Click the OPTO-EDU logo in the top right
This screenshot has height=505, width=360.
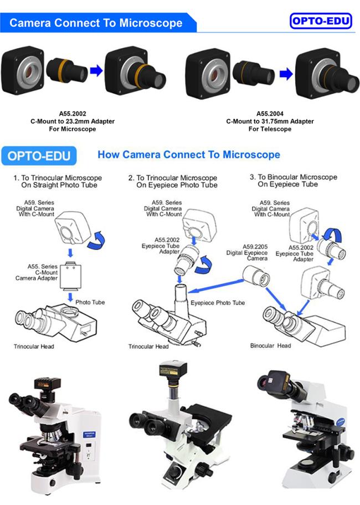point(321,21)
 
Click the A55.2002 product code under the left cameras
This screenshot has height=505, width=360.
point(73,114)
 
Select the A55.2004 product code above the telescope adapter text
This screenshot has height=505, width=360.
point(270,114)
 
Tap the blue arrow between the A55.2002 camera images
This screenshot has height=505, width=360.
point(96,70)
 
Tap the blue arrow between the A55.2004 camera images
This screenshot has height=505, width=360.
point(286,74)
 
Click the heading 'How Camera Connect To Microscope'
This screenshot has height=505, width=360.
point(189,155)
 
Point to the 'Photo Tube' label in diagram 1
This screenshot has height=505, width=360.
point(90,302)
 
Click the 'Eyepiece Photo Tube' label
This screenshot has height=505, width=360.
point(218,303)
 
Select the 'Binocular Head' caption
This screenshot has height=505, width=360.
point(271,345)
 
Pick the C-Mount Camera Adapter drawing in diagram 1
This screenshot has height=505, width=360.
point(70,275)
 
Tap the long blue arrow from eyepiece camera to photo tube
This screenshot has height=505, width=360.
point(215,287)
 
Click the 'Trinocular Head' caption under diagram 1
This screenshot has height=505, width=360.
point(34,346)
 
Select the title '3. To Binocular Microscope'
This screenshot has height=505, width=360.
point(294,177)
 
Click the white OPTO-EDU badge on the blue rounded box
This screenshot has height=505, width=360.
point(39,156)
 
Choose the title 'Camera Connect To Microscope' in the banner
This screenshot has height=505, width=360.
point(96,23)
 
